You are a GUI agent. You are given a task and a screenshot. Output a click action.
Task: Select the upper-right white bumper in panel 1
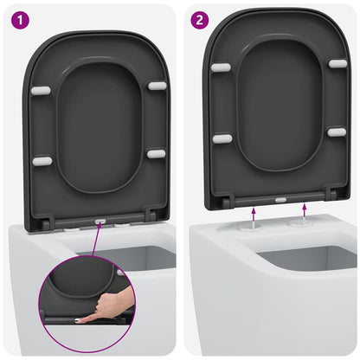tap(157, 86)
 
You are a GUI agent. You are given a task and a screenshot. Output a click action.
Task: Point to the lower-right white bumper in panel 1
tap(156, 154)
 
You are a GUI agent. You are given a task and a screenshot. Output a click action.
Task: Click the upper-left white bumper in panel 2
tap(221, 67)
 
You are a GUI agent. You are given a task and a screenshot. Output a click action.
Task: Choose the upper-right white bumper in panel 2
tap(337, 64)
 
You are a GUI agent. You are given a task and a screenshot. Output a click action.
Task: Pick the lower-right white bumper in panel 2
tap(337, 132)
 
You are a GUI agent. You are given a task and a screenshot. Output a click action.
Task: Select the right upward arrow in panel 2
tap(306, 209)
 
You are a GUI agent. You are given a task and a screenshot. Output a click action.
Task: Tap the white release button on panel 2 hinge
tap(280, 198)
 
